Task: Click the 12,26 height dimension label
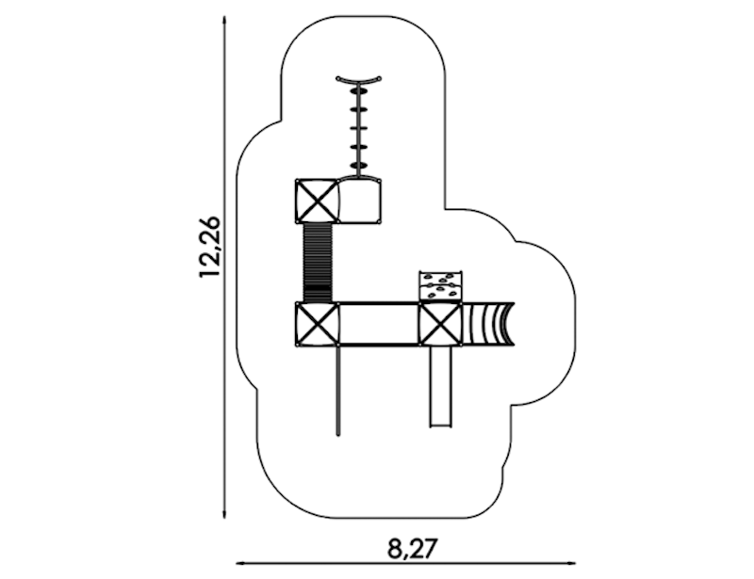point(209,247)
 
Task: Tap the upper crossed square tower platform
point(317,201)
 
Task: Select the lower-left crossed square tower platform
point(317,323)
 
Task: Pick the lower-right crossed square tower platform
point(440,323)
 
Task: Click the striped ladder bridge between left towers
point(318,263)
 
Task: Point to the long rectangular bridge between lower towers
point(379,323)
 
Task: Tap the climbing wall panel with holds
point(441,286)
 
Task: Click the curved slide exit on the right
point(488,323)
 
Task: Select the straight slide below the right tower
point(441,386)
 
